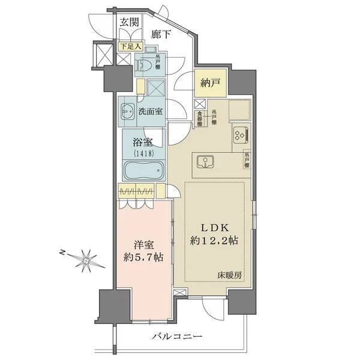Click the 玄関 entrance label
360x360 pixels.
pyautogui.click(x=129, y=22)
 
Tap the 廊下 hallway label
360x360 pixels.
pyautogui.click(x=161, y=35)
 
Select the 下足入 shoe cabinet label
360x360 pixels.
pyautogui.click(x=130, y=46)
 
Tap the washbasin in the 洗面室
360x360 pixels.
pyautogui.click(x=128, y=112)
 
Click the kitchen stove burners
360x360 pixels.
pyautogui.click(x=239, y=135)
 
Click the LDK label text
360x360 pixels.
pyautogui.click(x=213, y=228)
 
